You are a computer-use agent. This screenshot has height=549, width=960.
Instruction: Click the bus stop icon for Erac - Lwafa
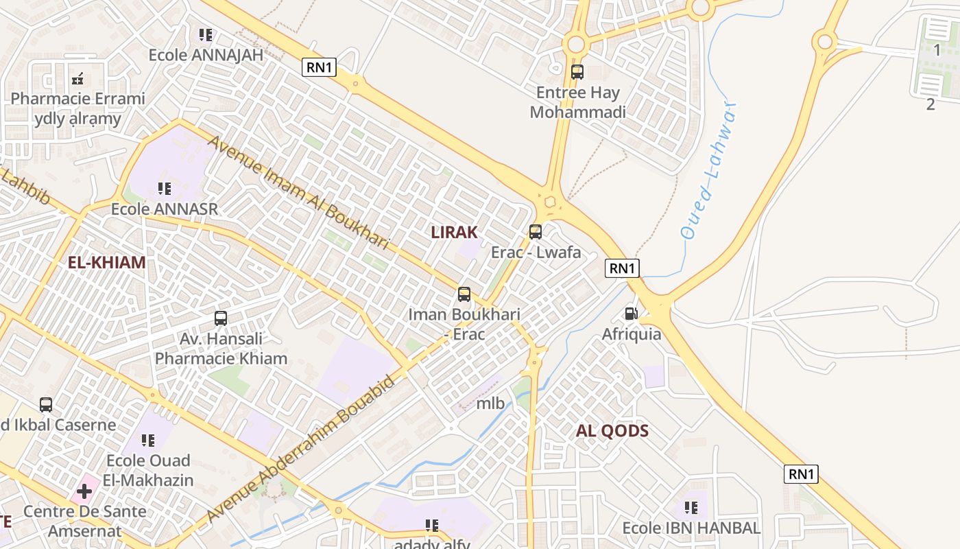point(536,232)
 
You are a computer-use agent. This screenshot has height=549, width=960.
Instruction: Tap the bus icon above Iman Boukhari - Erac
point(464,294)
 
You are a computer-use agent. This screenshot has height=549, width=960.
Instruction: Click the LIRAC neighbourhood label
point(454,232)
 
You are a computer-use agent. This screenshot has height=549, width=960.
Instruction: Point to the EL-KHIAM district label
point(107,262)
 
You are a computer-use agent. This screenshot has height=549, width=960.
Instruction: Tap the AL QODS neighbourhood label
point(612,431)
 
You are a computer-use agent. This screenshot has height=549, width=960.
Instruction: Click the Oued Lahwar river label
point(709,172)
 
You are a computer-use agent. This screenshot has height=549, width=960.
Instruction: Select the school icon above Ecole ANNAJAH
point(205,34)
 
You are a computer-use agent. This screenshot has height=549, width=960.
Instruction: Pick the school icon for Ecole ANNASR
point(164,188)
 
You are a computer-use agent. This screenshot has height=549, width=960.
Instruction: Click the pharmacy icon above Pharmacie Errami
point(77,79)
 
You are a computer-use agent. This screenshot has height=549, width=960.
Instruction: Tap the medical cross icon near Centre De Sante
point(84,491)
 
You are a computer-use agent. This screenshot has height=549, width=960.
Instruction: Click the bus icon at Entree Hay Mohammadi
point(577,71)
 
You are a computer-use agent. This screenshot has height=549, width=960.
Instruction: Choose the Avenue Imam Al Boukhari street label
point(298,192)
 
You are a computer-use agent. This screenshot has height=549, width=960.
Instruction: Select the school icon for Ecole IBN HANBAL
point(691,508)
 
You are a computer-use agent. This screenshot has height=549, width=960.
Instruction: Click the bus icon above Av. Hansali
point(221,318)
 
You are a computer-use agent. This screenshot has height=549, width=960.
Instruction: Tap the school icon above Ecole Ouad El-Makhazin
point(148,441)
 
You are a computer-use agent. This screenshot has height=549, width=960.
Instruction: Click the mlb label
point(490,404)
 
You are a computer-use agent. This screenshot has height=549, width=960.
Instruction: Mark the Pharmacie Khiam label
point(221,358)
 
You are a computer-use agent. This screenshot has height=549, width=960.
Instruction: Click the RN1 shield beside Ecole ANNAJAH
point(320,67)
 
